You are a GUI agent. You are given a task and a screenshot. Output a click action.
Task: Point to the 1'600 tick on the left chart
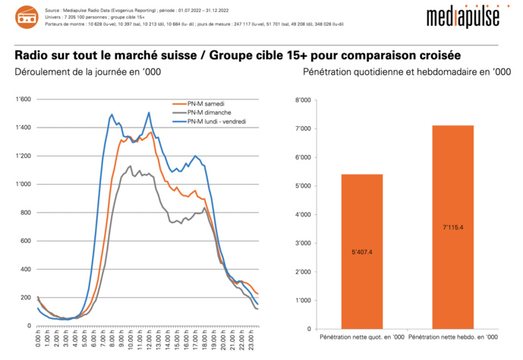pyautogui.click(x=23, y=99)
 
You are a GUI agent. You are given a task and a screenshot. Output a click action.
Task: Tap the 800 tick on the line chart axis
pyautogui.click(x=26, y=213)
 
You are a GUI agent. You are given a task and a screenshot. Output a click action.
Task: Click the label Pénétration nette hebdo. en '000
pyautogui.click(x=453, y=336)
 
